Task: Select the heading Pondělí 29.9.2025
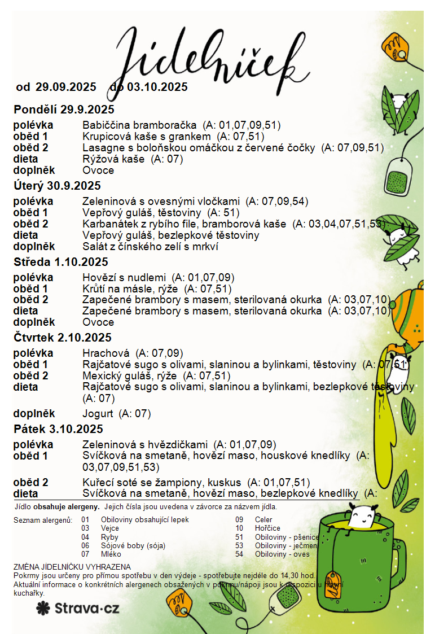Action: pyautogui.click(x=64, y=110)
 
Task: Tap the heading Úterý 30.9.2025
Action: pyautogui.click(x=57, y=186)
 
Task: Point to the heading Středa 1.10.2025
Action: pyautogui.click(x=61, y=262)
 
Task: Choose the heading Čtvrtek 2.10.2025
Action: pyautogui.click(x=63, y=338)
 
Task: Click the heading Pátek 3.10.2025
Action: pyautogui.click(x=58, y=429)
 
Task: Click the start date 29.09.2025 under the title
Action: pyautogui.click(x=66, y=88)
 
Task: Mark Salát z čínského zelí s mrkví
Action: pyautogui.click(x=150, y=247)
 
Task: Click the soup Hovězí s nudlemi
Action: pyautogui.click(x=124, y=278)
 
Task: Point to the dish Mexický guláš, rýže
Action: pyautogui.click(x=129, y=376)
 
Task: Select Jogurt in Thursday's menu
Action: pyautogui.click(x=98, y=414)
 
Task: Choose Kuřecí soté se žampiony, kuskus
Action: pyautogui.click(x=162, y=483)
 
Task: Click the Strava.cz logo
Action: pyautogui.click(x=78, y=608)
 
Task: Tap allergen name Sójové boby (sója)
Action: pyautogui.click(x=133, y=546)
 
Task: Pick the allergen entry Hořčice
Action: pyautogui.click(x=267, y=528)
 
